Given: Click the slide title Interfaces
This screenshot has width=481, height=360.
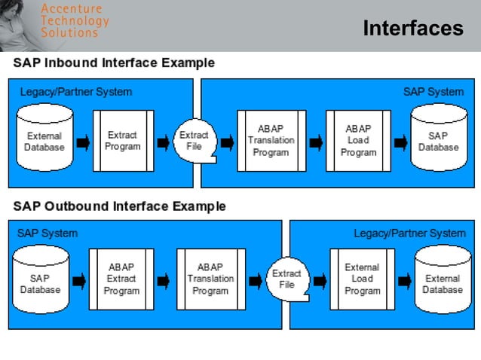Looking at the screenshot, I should [412, 29].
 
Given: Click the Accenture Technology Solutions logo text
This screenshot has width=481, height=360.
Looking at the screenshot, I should [74, 20].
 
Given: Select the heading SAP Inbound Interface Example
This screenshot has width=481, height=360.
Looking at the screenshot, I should [114, 63].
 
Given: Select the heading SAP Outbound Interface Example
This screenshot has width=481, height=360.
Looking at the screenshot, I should [119, 206].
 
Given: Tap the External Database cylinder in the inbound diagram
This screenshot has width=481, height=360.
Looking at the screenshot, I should [44, 142].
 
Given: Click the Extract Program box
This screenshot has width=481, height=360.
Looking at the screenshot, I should [123, 141].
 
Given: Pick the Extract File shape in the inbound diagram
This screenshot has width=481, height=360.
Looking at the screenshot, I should [194, 141].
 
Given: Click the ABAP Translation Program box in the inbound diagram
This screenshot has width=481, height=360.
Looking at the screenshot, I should [271, 141].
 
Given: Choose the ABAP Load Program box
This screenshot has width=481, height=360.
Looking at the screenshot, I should [358, 141].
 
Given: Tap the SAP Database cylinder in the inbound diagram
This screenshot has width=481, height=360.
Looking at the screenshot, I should [438, 141].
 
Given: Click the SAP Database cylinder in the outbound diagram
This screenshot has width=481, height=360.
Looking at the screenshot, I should [41, 283].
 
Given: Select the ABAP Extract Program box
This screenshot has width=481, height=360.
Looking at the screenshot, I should [121, 279].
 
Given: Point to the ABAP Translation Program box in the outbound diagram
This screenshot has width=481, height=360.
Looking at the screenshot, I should [210, 279].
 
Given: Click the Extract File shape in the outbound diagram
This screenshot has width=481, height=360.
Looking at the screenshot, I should [286, 279].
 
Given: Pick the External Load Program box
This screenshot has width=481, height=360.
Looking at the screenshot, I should [362, 279].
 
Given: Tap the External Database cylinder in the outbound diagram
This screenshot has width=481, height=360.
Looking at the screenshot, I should [442, 283].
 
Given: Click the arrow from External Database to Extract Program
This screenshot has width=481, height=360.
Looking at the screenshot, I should [82, 142].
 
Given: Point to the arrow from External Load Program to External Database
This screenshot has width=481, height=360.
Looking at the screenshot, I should [404, 280].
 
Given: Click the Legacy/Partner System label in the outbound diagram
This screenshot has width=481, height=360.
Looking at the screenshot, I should [409, 233].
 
